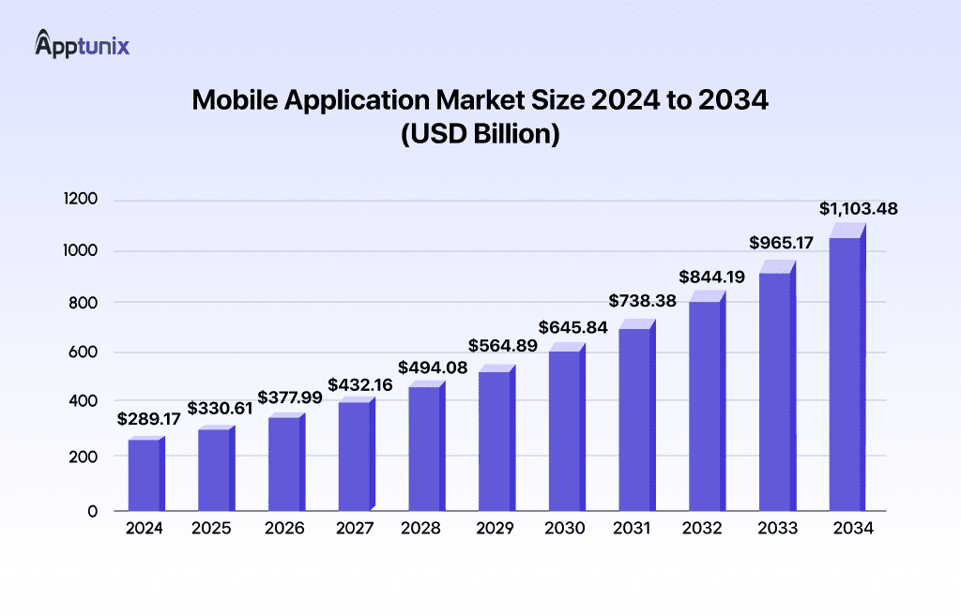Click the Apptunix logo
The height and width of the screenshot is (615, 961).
[82, 44]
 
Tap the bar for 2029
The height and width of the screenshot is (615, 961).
[495, 441]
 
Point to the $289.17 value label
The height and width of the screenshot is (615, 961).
[148, 419]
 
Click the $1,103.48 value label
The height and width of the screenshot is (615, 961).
[857, 208]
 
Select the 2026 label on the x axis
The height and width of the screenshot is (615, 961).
[284, 529]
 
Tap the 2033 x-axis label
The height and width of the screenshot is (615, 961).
[776, 529]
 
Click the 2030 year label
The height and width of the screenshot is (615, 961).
[565, 529]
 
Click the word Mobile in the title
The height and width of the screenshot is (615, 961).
[236, 101]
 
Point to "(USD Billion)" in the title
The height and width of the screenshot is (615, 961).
[480, 134]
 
